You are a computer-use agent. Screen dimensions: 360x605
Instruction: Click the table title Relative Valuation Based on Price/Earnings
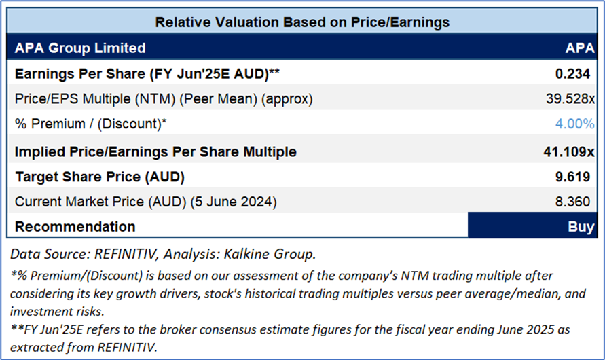tap(302, 22)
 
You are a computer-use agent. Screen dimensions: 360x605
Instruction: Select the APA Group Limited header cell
tap(80, 48)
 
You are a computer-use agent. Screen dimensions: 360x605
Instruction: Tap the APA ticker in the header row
tap(579, 48)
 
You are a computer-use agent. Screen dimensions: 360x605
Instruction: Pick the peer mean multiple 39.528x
tap(571, 99)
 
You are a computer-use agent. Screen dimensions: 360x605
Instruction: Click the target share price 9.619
tap(576, 177)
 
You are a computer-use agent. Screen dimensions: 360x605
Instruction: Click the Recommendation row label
tap(75, 226)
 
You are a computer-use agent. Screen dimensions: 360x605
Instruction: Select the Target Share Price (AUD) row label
tap(100, 177)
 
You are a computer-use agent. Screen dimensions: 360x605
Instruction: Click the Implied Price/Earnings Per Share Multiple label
tap(155, 151)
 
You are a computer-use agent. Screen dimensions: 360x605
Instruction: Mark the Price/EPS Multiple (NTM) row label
tap(164, 99)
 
